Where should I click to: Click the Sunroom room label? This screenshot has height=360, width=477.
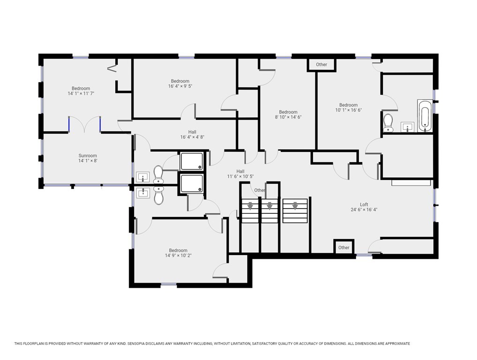click(x=88, y=156)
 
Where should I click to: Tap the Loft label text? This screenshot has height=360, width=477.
click(x=364, y=204)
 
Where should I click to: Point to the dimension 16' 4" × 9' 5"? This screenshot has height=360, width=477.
click(x=180, y=86)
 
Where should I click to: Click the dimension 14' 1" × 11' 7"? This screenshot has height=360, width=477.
click(x=81, y=94)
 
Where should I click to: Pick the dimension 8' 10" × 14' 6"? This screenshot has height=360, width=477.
click(x=288, y=117)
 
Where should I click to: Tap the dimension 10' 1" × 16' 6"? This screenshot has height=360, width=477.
click(x=349, y=110)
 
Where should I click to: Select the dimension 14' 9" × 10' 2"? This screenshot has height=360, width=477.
click(x=178, y=255)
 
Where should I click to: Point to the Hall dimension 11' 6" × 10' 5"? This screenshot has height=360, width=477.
click(x=240, y=177)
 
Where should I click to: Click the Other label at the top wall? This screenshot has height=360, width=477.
click(x=321, y=65)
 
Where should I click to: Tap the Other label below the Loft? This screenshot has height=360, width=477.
click(x=344, y=247)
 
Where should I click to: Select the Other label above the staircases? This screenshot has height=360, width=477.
click(x=260, y=190)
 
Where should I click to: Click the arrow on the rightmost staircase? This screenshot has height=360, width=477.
click(x=295, y=205)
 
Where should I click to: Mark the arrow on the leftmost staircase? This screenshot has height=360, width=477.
click(x=250, y=205)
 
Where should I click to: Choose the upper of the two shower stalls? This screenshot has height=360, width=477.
click(x=192, y=161)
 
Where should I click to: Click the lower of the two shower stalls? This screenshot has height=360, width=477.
click(x=192, y=183)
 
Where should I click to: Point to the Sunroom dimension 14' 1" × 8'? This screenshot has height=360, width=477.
click(x=88, y=161)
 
